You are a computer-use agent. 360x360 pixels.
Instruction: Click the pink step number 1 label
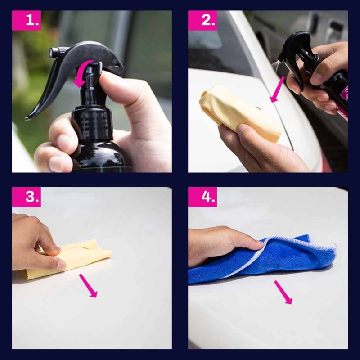(27, 20)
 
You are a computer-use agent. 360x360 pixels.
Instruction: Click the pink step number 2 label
(202, 20)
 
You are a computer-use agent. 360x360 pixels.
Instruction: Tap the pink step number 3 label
(27, 197)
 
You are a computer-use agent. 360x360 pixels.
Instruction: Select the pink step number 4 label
(202, 197)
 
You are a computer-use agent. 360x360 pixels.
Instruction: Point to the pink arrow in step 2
(277, 90)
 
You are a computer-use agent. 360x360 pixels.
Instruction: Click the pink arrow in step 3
(88, 286)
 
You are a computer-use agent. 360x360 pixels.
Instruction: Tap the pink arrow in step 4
(283, 292)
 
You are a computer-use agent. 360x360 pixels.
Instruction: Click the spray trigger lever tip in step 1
(27, 119)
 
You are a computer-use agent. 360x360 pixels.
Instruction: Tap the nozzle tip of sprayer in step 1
(52, 52)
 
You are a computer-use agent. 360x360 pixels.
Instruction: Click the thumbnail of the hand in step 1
(54, 164)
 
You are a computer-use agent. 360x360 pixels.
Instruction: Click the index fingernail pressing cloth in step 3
(61, 265)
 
